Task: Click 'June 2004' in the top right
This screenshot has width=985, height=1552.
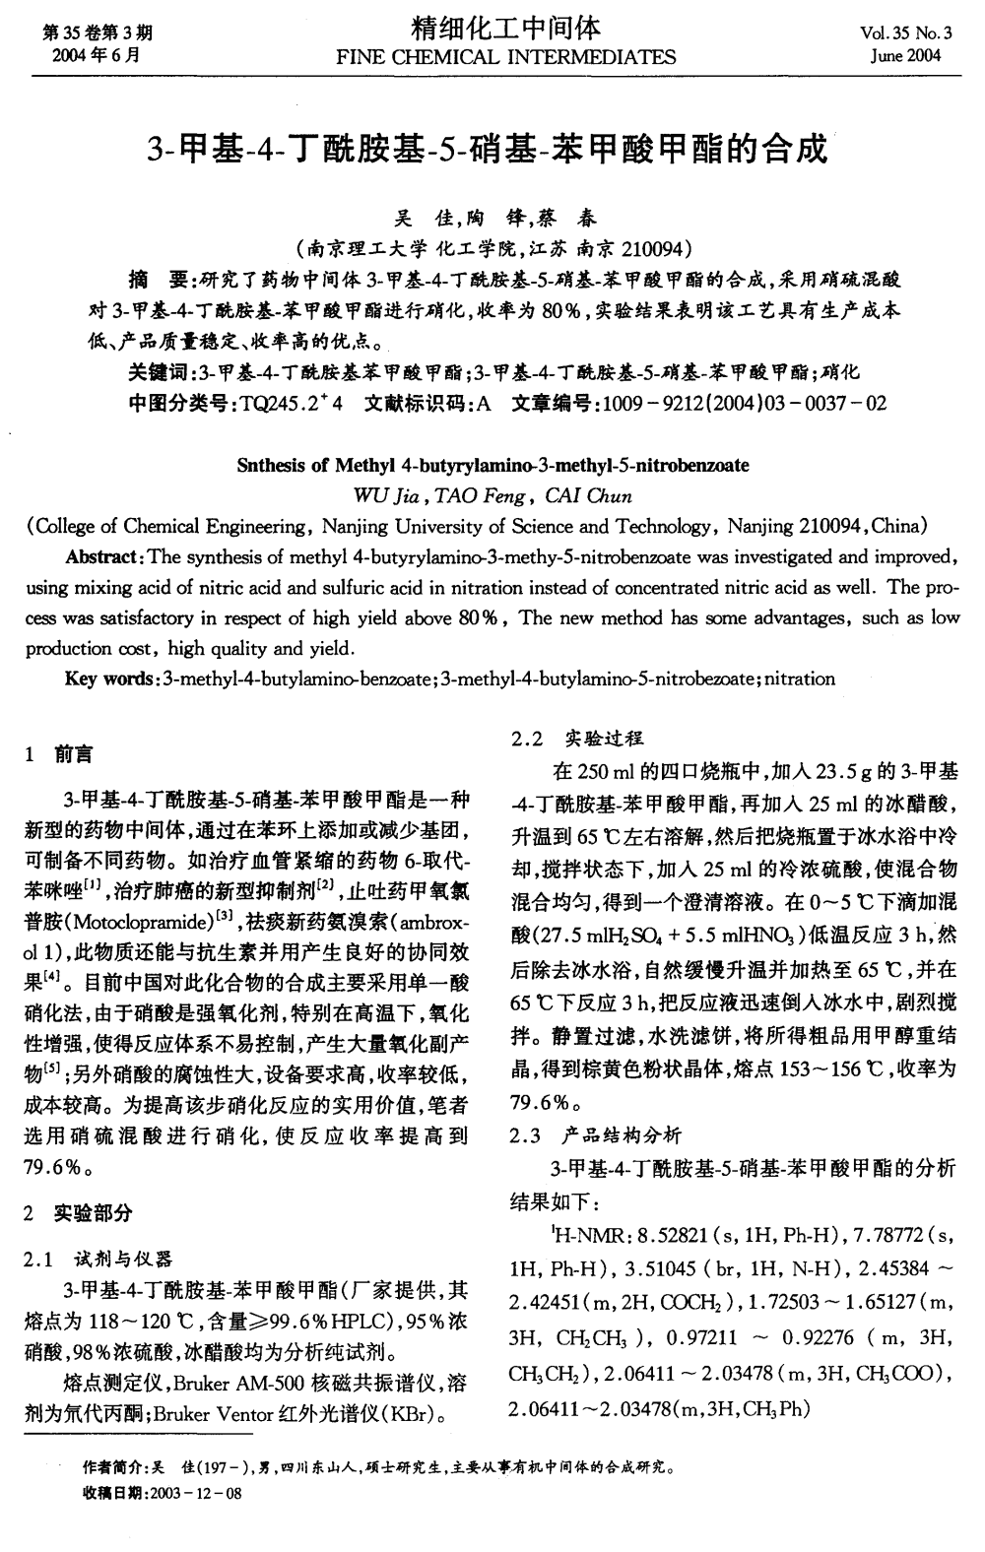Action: click(906, 55)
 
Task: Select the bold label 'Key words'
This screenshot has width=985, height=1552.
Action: click(98, 679)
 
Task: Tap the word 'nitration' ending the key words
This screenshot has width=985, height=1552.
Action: click(800, 679)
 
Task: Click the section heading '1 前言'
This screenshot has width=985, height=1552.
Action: click(60, 754)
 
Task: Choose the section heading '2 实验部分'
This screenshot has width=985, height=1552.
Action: click(79, 1212)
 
